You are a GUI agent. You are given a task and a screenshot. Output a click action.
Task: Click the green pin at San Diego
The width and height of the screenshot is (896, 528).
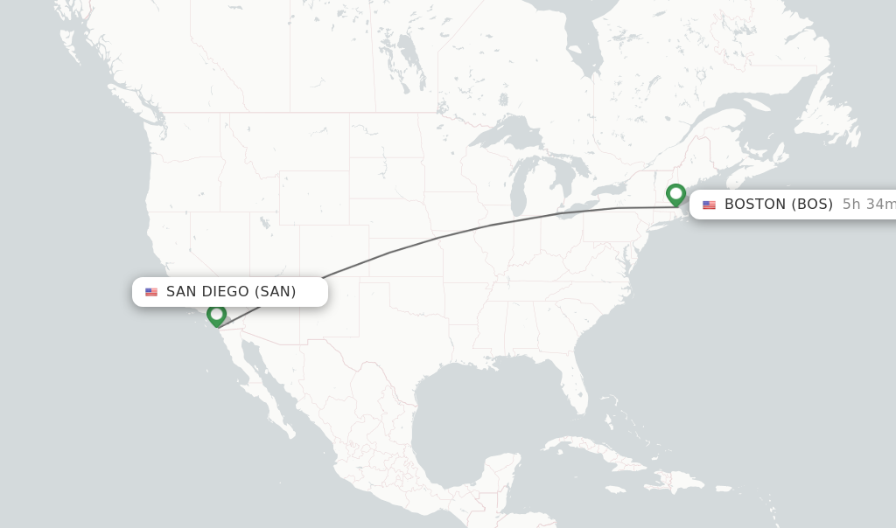[x=217, y=314]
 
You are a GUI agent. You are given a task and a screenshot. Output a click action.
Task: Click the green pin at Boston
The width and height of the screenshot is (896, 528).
[x=675, y=193]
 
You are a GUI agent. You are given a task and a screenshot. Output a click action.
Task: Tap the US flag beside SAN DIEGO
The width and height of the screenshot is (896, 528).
[x=151, y=292]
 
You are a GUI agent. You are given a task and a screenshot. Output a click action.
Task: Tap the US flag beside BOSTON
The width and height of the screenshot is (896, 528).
[x=709, y=205]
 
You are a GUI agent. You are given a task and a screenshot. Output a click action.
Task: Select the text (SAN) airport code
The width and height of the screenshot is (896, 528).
[x=276, y=292]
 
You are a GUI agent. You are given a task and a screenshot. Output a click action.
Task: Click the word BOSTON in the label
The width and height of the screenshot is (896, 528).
[x=755, y=205]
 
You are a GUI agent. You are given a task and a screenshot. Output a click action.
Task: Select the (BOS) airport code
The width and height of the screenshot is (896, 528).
[x=812, y=205]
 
